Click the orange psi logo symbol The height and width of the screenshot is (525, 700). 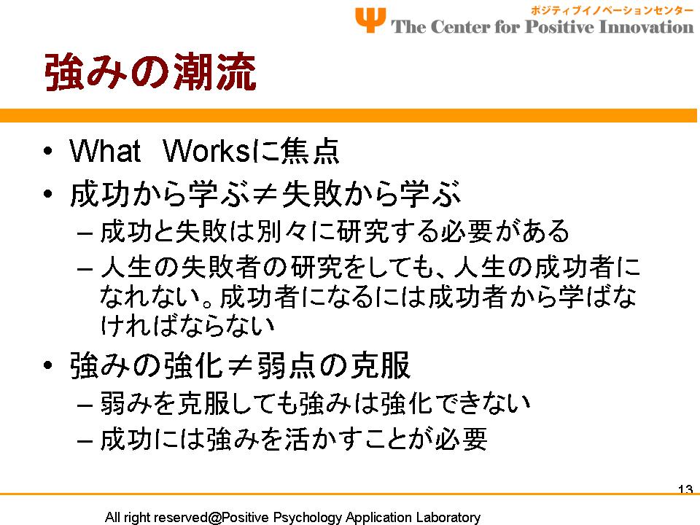point(370,20)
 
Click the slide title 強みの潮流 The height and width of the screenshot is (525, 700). point(150,72)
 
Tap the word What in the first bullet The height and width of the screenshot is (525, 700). point(105,151)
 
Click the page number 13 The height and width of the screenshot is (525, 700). point(685,489)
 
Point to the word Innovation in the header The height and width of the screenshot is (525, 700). point(646,27)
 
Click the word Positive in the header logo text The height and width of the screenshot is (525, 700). point(559,27)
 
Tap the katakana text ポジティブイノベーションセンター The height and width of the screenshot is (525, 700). point(612,9)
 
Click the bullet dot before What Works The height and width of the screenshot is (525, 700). point(48,151)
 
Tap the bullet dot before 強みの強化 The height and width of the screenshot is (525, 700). point(48,365)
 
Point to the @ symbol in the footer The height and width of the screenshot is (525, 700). point(214,518)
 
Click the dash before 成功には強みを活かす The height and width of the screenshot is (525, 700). point(85,440)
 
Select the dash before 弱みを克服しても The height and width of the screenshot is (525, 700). point(85,405)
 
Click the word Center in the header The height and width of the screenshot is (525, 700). point(460,27)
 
